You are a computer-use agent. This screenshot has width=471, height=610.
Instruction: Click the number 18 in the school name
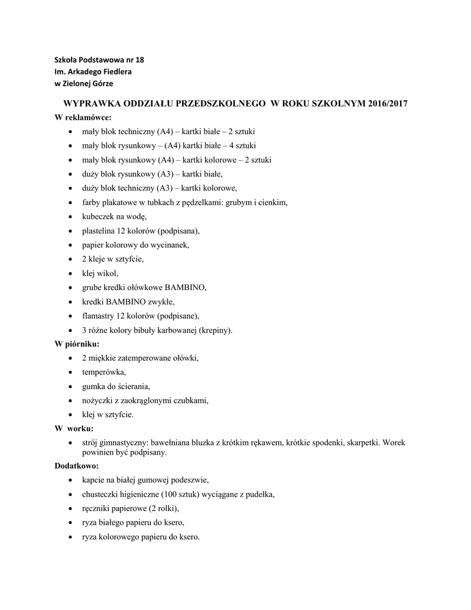(x=139, y=60)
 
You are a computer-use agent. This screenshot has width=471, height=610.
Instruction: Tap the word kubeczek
(x=98, y=216)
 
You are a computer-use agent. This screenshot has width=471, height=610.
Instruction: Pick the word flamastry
(x=99, y=316)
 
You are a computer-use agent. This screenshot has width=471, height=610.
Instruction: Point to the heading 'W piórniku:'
(x=77, y=344)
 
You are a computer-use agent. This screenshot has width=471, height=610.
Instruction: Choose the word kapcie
(x=93, y=480)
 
